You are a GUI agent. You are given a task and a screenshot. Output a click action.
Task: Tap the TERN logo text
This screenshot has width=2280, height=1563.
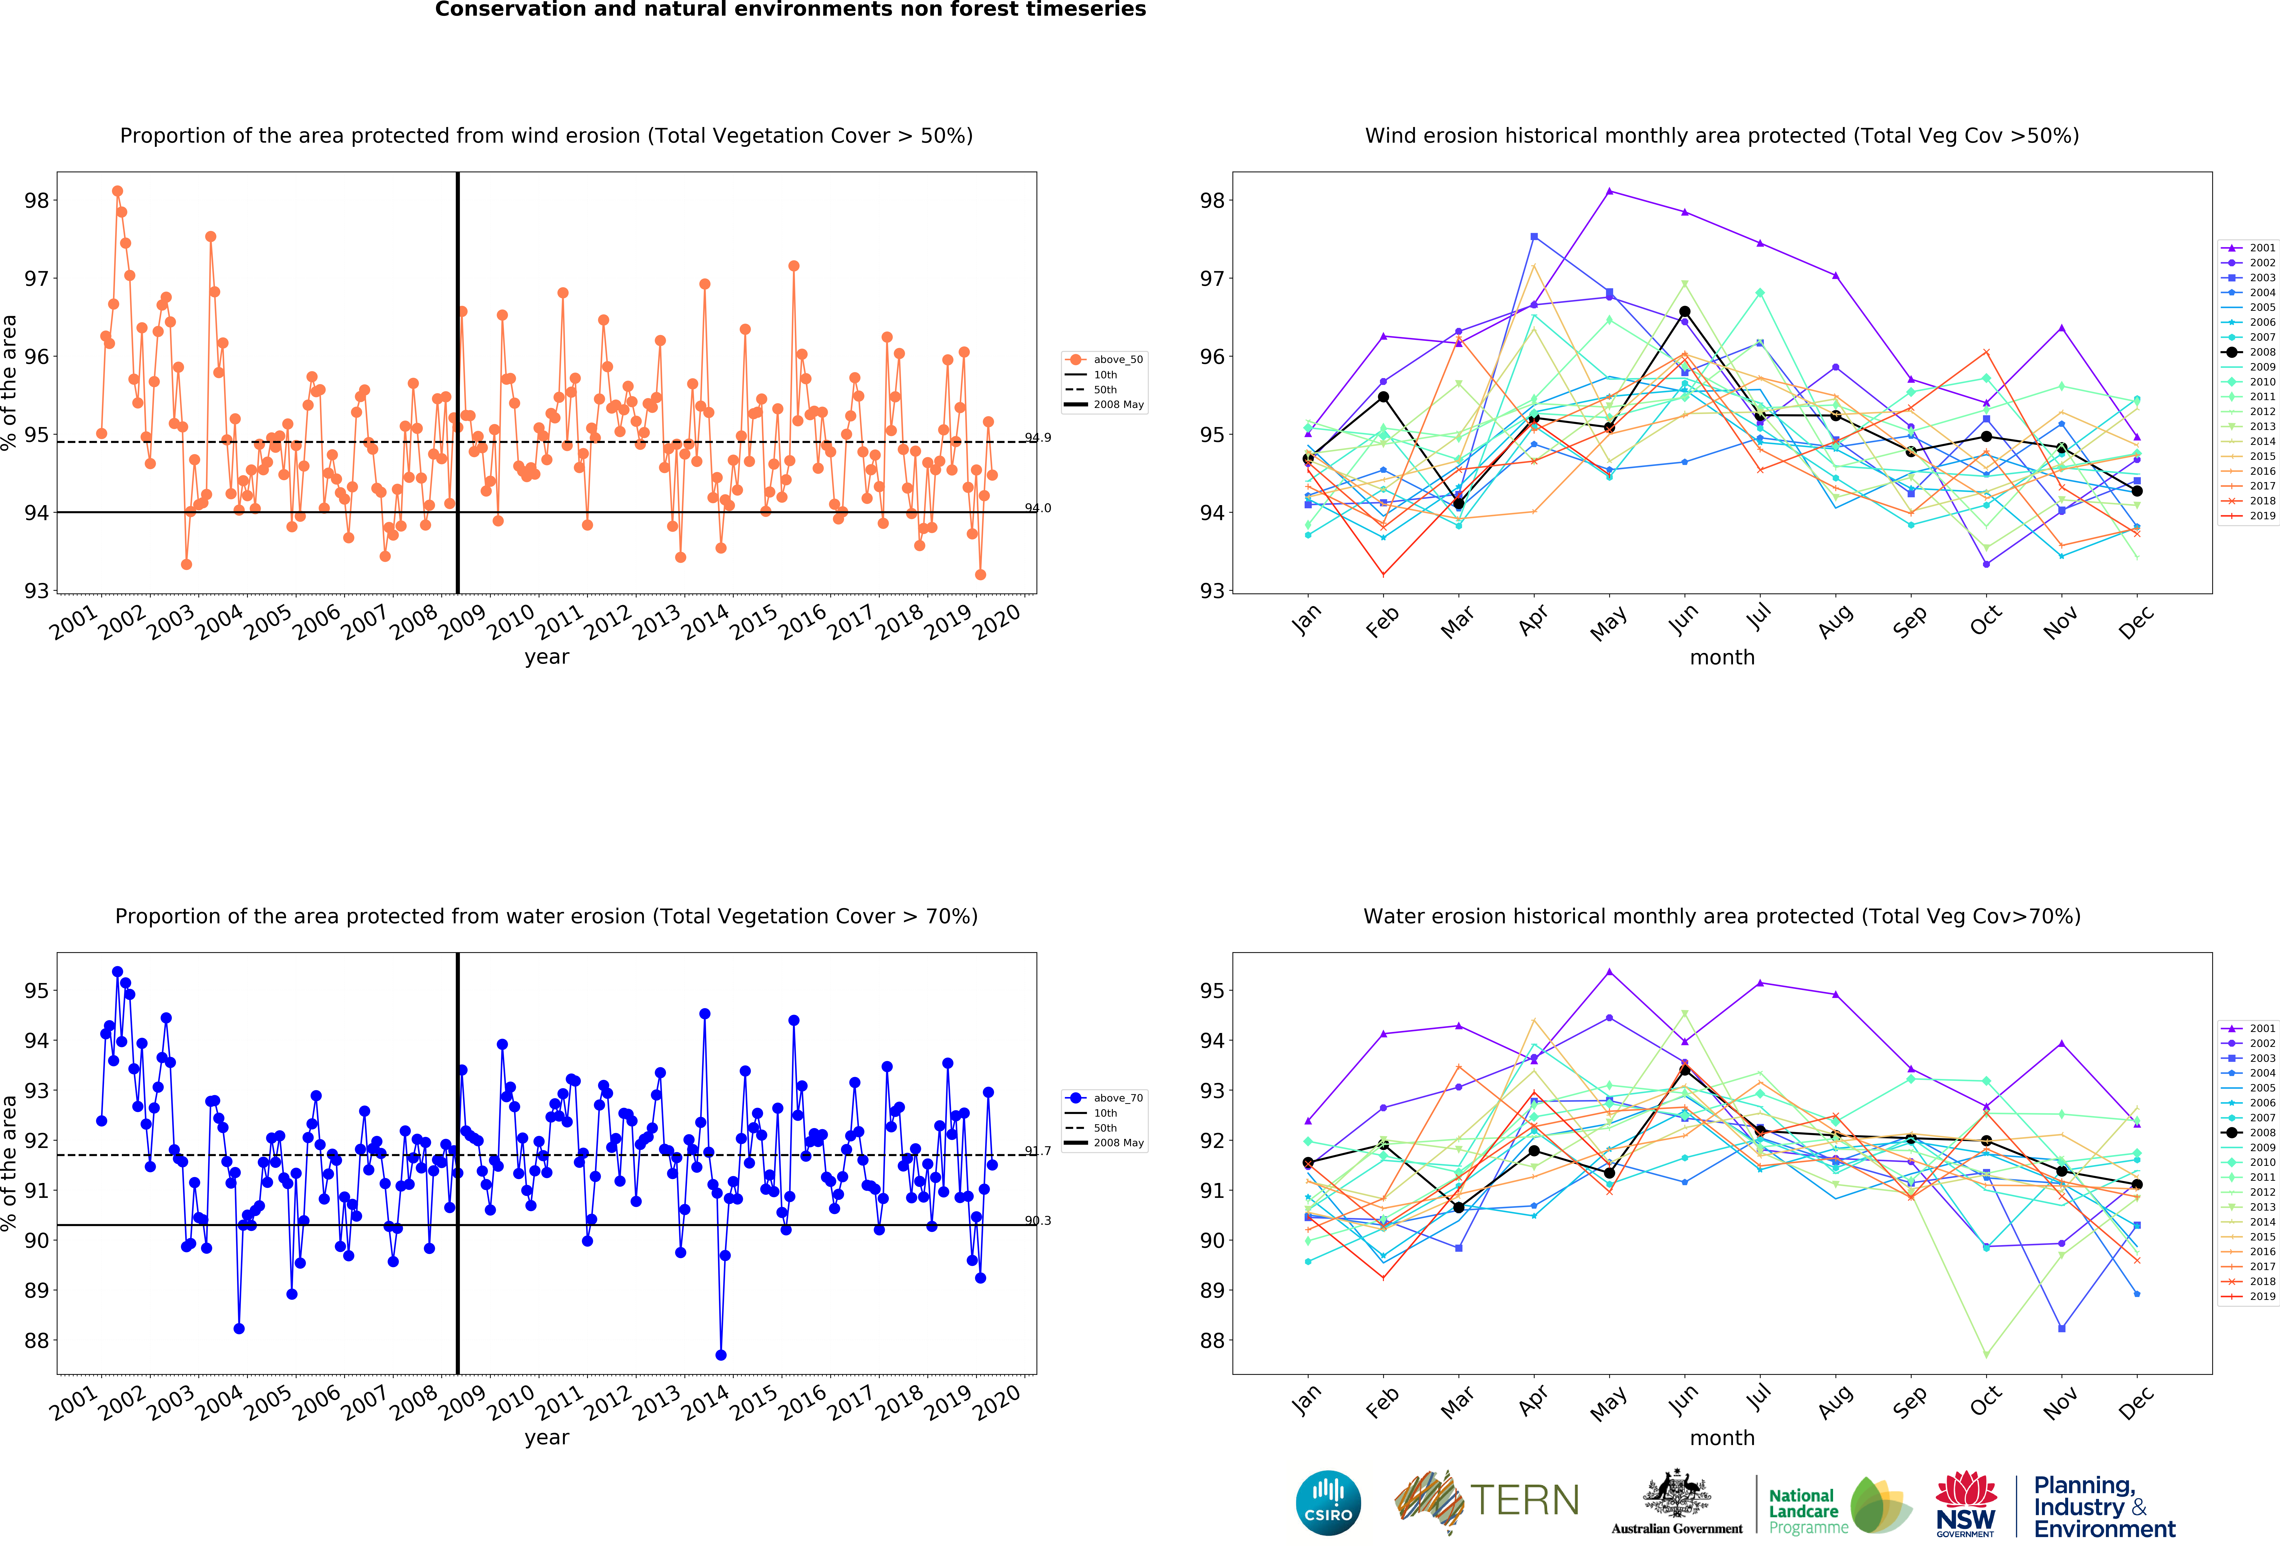click(x=1525, y=1500)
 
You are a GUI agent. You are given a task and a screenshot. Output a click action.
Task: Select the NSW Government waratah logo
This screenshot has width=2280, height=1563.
click(x=1966, y=1502)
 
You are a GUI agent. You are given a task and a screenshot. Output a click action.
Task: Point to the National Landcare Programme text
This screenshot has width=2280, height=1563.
click(x=1808, y=1511)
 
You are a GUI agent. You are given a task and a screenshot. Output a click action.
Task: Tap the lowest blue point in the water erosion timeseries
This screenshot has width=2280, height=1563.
click(x=721, y=1355)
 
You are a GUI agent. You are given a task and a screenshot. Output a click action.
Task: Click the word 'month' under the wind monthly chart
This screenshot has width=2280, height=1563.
click(x=1722, y=657)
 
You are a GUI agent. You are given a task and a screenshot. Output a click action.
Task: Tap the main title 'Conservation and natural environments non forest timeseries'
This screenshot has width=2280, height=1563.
click(x=791, y=10)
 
